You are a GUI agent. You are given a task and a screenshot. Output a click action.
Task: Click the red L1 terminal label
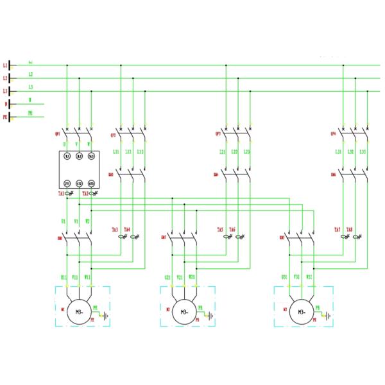[x=5, y=65]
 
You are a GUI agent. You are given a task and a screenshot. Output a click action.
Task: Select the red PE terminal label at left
[x=5, y=117]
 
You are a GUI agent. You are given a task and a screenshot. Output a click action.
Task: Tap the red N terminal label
[x=6, y=104]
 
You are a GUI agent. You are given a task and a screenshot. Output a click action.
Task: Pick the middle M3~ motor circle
[x=184, y=312]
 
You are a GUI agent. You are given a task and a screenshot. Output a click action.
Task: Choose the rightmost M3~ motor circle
[x=299, y=312]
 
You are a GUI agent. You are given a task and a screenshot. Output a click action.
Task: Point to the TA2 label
[x=85, y=193]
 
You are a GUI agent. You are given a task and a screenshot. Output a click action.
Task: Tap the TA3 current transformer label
[x=115, y=230]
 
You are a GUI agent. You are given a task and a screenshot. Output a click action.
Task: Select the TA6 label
[x=232, y=230]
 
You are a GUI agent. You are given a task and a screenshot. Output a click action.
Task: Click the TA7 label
[x=338, y=230]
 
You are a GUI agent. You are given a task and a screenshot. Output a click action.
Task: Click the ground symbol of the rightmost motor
[x=327, y=316]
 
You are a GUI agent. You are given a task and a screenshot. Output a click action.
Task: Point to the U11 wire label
[x=64, y=277]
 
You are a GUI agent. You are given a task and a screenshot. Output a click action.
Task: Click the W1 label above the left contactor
[x=88, y=221]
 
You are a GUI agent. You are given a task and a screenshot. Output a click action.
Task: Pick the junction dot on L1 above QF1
[x=67, y=65]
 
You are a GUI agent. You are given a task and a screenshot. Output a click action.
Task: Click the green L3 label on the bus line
[x=30, y=87]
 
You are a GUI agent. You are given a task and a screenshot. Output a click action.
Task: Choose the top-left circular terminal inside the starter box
[x=67, y=157]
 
